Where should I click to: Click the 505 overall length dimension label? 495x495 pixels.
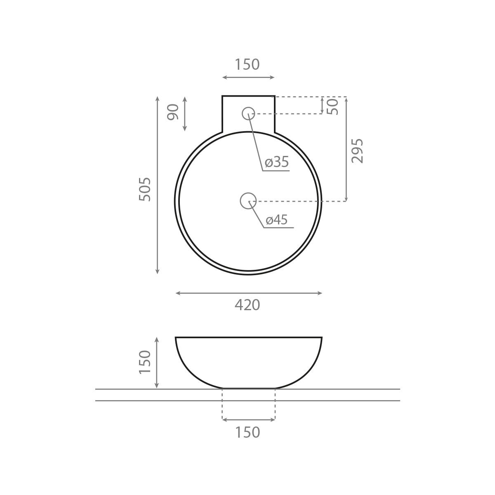(145, 189)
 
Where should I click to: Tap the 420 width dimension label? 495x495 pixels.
(247, 305)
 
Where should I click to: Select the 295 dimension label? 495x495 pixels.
(357, 151)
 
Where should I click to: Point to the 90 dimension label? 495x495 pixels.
(172, 112)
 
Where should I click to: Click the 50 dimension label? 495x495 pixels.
(332, 106)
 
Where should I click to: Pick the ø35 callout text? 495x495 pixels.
(277, 162)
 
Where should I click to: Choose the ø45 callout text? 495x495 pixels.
(277, 219)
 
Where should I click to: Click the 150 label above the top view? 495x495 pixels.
(247, 64)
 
